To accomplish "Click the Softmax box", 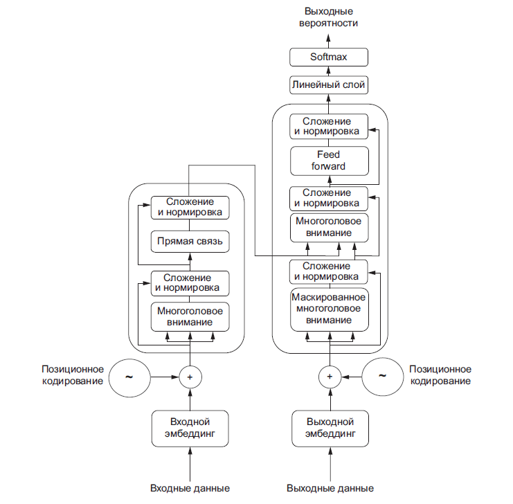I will click(x=329, y=57).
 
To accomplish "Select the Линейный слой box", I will click(x=329, y=85).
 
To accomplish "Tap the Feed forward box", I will click(x=329, y=161).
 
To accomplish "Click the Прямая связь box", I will click(x=190, y=242).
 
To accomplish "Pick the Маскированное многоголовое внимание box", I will click(x=329, y=309).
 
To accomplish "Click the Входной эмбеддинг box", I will click(x=190, y=428).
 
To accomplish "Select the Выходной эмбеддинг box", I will click(x=330, y=428).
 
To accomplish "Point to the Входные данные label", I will click(x=190, y=487).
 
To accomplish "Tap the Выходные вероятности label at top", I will click(x=329, y=17).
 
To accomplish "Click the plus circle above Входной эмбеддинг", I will click(x=190, y=377).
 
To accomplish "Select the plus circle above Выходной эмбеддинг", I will click(x=330, y=377).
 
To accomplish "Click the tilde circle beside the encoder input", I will click(x=129, y=377).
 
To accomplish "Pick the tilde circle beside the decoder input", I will click(x=383, y=377).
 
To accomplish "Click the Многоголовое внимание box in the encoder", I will click(x=190, y=316).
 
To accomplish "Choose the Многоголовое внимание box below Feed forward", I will click(x=329, y=226).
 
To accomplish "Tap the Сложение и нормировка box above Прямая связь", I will click(x=190, y=208).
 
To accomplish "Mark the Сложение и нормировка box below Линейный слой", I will click(x=329, y=125).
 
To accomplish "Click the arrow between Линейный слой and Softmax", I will click(x=329, y=71).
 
